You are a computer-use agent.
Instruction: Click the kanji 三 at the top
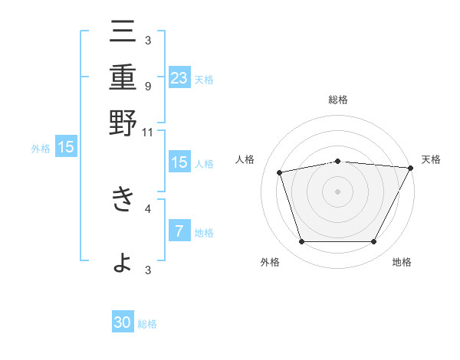(123, 34)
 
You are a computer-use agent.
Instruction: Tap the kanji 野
(123, 123)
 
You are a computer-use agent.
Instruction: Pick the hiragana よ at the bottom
(123, 262)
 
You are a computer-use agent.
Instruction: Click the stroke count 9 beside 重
(147, 86)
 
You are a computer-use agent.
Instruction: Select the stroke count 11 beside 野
(147, 132)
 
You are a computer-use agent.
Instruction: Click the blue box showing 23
(179, 77)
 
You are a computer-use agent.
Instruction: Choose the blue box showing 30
(123, 323)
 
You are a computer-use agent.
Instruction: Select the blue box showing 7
(179, 231)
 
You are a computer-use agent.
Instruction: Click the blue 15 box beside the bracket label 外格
(66, 147)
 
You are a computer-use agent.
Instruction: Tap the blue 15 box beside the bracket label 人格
(179, 162)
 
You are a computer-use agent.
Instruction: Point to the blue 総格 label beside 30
(147, 324)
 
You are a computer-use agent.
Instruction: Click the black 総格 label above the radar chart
(338, 100)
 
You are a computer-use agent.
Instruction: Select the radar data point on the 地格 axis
(374, 242)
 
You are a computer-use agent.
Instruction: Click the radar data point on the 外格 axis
(301, 242)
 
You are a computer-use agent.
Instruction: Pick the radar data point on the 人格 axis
(280, 173)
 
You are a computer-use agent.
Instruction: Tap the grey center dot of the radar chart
(338, 191)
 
